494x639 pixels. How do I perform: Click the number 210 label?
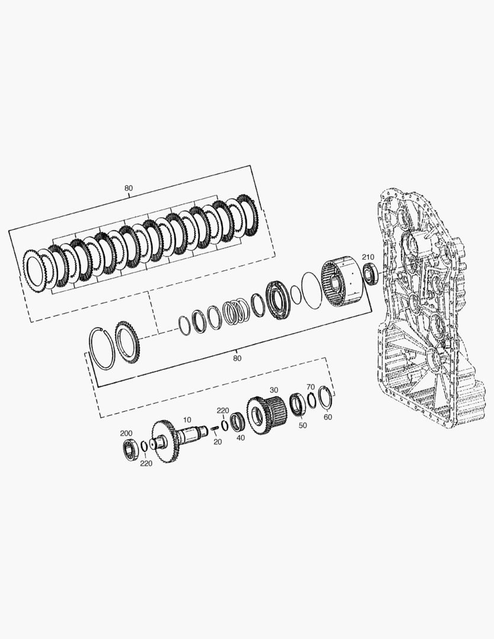pyautogui.click(x=368, y=257)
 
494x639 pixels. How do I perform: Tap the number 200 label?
pyautogui.click(x=127, y=433)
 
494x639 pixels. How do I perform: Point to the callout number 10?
pyautogui.click(x=187, y=419)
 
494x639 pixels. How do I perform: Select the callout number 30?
pyautogui.click(x=274, y=390)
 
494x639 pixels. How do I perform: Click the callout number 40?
pyautogui.click(x=241, y=438)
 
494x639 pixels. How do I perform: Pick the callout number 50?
pyautogui.click(x=302, y=425)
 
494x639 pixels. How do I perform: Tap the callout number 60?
pyautogui.click(x=328, y=417)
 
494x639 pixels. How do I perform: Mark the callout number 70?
pyautogui.click(x=311, y=387)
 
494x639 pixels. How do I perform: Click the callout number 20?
pyautogui.click(x=218, y=442)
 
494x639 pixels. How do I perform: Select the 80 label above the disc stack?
pyautogui.click(x=128, y=188)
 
